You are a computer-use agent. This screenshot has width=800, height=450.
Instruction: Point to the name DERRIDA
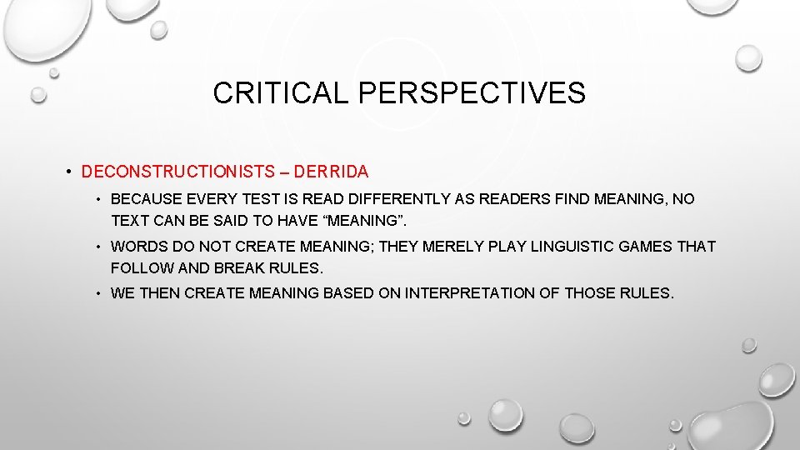point(332,172)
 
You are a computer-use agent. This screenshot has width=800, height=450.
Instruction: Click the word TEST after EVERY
point(267,200)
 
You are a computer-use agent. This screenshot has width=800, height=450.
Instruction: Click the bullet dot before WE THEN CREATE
point(98,293)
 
